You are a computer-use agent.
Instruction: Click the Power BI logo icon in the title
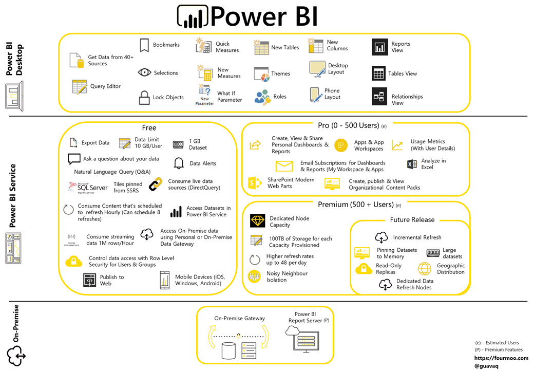click(192, 16)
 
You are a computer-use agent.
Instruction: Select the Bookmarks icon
click(144, 45)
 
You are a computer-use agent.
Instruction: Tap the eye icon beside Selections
click(144, 72)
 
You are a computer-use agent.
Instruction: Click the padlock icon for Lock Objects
click(144, 97)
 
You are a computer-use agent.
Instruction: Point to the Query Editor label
click(105, 86)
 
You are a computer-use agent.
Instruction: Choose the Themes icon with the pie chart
click(262, 74)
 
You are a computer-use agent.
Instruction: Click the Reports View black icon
click(379, 47)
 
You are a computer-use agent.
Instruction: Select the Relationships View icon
click(379, 97)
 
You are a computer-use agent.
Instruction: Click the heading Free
click(149, 127)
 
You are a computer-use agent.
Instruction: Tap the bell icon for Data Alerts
click(179, 163)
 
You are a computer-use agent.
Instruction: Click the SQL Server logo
click(88, 188)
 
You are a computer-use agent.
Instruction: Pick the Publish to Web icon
click(90, 280)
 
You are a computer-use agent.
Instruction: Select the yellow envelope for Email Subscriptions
click(284, 166)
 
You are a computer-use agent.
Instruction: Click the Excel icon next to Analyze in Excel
click(411, 164)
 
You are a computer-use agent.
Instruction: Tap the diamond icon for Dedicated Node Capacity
click(257, 221)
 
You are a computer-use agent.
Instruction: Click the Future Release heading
click(412, 219)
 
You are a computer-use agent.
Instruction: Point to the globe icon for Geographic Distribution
click(425, 269)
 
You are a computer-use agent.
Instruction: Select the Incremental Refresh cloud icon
click(381, 237)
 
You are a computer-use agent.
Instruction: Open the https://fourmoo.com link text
click(501, 358)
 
